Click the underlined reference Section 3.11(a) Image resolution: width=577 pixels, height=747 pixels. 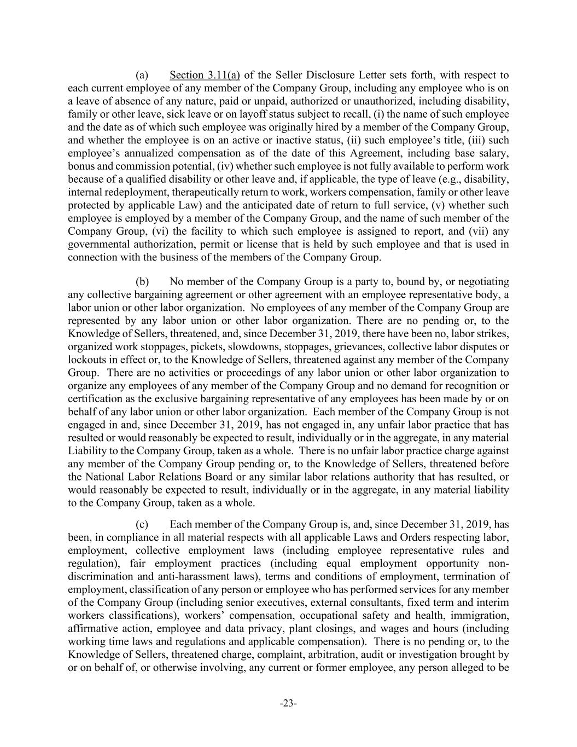point(205,75)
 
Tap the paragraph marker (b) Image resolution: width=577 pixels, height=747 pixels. point(142,282)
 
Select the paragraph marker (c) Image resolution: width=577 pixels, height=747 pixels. point(142,524)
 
